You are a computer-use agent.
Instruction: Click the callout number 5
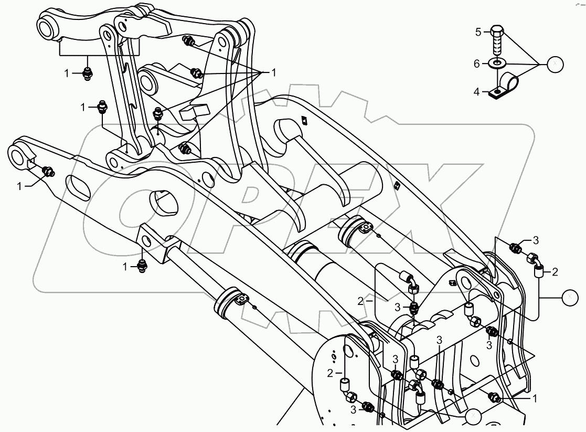(x=478, y=32)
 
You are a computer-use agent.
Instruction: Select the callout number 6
(x=477, y=64)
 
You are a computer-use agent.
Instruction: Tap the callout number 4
(x=477, y=91)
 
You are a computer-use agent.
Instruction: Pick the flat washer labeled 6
(x=497, y=64)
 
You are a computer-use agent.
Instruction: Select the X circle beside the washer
(x=554, y=64)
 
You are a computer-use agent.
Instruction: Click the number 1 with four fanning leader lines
(x=273, y=72)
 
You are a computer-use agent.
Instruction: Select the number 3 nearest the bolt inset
(x=536, y=241)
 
